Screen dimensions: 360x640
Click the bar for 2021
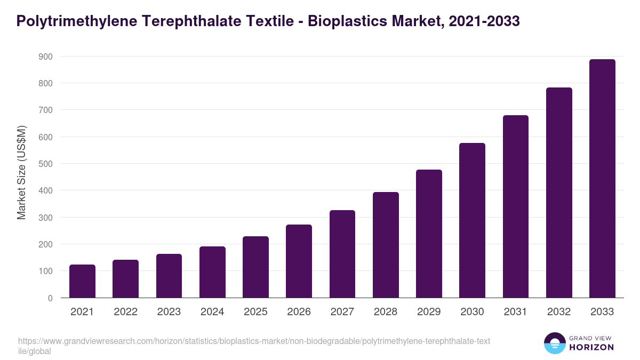[82, 281]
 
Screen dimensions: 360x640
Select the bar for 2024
[212, 272]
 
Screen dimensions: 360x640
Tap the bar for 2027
[342, 254]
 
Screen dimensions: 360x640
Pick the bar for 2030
[472, 220]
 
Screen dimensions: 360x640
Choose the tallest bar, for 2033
[602, 179]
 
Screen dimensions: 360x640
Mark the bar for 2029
[429, 234]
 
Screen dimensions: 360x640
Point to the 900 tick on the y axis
[46, 57]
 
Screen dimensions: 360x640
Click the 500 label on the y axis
[46, 164]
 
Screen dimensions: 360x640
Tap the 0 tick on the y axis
[50, 298]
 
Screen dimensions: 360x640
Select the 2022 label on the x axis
[125, 312]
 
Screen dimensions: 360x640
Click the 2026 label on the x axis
[299, 312]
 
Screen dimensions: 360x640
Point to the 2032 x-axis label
[559, 312]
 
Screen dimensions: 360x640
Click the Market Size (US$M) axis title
[21, 172]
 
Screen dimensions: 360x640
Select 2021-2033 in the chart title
[484, 21]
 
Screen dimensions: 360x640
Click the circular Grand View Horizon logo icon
[554, 343]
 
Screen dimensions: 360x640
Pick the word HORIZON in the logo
[591, 347]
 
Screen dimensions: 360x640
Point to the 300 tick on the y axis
[46, 218]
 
